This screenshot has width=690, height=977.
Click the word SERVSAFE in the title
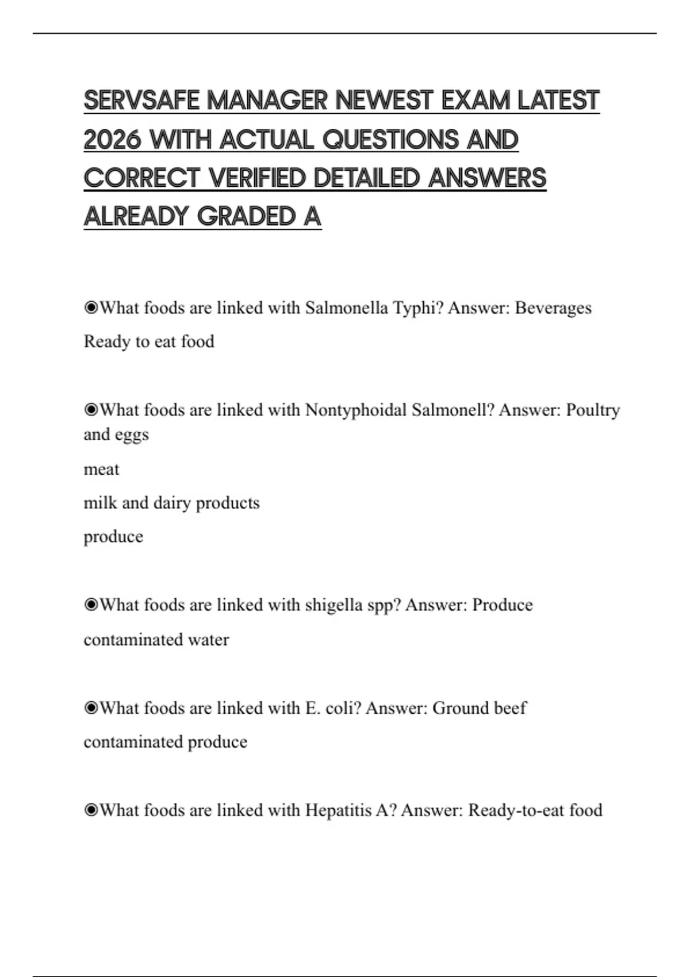[x=141, y=101]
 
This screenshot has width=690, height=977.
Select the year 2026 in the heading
[x=112, y=140]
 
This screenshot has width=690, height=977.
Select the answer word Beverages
[x=553, y=308]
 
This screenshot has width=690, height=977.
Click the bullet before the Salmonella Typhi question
[x=91, y=308]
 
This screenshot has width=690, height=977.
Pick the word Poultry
[x=593, y=410]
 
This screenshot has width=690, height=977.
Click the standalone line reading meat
[x=101, y=470]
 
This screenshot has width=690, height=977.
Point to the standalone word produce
[x=113, y=537]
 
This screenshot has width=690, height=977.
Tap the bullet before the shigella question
[x=91, y=605]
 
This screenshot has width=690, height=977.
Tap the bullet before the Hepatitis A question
[x=91, y=810]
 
